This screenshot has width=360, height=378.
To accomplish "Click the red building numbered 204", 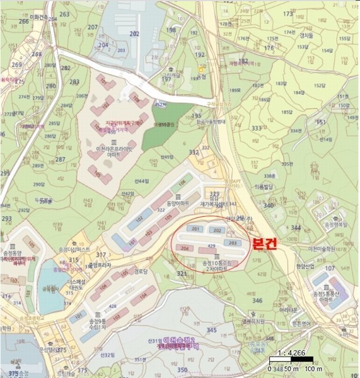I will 185,249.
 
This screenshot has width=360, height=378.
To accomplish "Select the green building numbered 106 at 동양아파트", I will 183,183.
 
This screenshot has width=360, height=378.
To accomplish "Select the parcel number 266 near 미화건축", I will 24,21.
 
